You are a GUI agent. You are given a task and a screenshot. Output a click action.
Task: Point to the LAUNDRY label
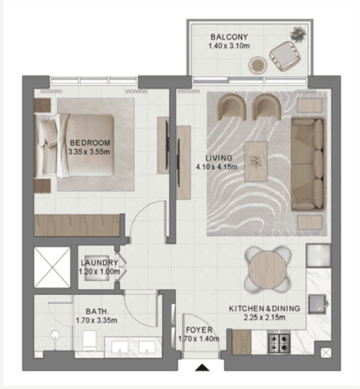pyautogui.click(x=99, y=263)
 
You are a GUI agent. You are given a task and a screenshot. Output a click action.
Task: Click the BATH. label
pyautogui.click(x=96, y=310)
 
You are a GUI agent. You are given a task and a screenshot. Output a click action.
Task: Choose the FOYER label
pyautogui.click(x=198, y=330)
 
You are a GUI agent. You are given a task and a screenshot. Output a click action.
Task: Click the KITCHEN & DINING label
pyautogui.click(x=265, y=309)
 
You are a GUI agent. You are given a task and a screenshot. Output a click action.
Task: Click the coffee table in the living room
pyautogui.click(x=256, y=162)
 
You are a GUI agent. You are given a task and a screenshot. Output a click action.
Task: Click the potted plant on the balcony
pyautogui.click(x=300, y=34)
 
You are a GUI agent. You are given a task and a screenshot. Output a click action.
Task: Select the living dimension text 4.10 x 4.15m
pyautogui.click(x=217, y=167)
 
